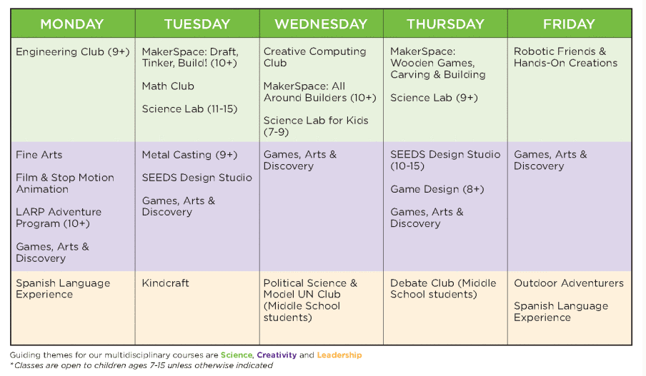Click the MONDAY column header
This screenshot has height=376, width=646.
click(x=72, y=24)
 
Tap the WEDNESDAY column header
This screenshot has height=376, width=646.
click(x=321, y=24)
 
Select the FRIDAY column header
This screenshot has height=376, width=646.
click(x=569, y=24)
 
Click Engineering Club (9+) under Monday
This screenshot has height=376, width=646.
click(x=72, y=52)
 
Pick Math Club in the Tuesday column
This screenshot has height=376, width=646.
click(x=168, y=86)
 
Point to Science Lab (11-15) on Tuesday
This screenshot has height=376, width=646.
click(x=189, y=109)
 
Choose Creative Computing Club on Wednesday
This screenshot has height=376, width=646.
click(x=314, y=57)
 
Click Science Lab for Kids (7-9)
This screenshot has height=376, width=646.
click(x=316, y=126)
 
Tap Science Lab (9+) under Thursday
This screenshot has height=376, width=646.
click(x=434, y=98)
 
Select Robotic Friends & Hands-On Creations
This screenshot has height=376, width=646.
click(x=565, y=57)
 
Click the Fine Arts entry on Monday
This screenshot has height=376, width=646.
click(x=39, y=155)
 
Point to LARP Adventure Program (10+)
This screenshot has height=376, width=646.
click(x=59, y=218)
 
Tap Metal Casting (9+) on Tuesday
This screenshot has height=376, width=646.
click(x=189, y=155)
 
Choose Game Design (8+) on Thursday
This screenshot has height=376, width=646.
click(x=437, y=189)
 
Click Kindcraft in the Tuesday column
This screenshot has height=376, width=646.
click(x=165, y=283)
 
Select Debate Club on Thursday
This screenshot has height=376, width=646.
click(x=443, y=289)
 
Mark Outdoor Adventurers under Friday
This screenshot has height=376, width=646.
click(x=569, y=283)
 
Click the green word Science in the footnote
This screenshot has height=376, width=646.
click(x=236, y=355)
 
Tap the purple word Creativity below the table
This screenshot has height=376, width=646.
click(x=277, y=355)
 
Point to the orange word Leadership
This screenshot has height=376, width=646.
click(x=339, y=355)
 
